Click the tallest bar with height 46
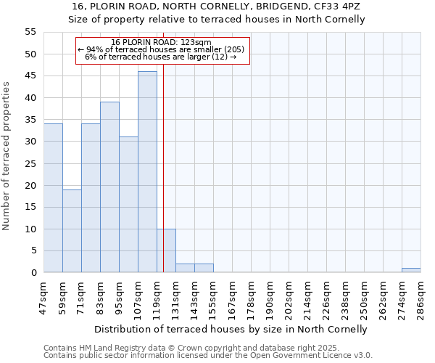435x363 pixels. point(147,172)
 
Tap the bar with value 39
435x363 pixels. point(109,187)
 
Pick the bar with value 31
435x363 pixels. point(128,205)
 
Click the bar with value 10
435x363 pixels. point(166,250)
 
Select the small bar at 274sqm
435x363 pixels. point(411,270)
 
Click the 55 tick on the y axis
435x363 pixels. point(30,32)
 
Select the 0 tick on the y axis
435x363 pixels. point(33,273)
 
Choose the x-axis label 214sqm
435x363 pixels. point(308,296)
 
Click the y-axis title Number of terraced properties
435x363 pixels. point(7,156)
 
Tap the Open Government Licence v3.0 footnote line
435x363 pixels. point(208,356)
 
